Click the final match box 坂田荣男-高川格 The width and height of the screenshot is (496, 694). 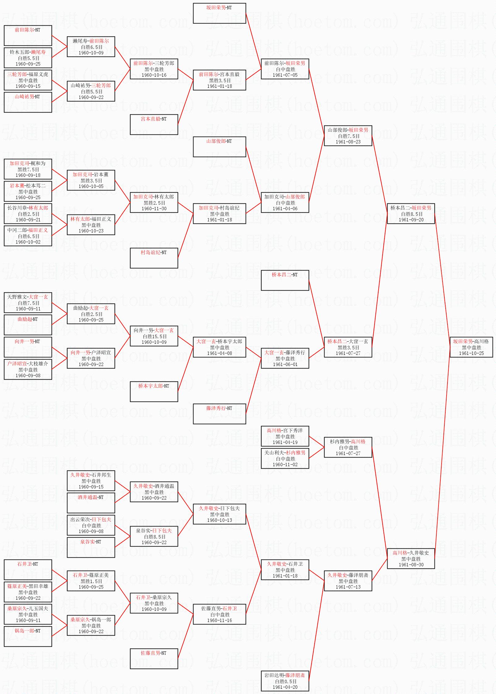point(471,347)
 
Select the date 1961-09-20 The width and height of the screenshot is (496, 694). point(411,220)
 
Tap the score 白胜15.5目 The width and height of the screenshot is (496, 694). point(154,336)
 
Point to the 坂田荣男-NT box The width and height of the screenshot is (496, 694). point(219,13)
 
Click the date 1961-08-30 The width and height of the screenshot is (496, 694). point(411,565)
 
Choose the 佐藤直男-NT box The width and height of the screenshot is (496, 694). point(154,659)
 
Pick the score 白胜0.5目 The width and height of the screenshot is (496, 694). point(285,681)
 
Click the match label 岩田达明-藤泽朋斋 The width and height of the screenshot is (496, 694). point(285,675)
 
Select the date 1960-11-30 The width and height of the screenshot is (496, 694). point(154,209)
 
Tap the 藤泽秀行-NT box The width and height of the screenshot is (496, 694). point(219,414)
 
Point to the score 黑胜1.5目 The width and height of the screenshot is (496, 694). point(91,581)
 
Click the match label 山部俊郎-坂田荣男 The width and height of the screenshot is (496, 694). point(348,130)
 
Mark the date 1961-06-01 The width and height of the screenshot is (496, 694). point(285,364)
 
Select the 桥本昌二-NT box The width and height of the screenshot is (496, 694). point(285,280)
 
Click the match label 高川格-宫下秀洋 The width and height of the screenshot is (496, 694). point(285,430)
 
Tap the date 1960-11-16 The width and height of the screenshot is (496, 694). point(219,620)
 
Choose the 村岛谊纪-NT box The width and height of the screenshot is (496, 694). point(154,258)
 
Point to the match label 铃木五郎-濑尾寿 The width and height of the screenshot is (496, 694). point(28,52)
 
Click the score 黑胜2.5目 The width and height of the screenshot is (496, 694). point(154,203)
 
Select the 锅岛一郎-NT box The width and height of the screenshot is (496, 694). point(28,637)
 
